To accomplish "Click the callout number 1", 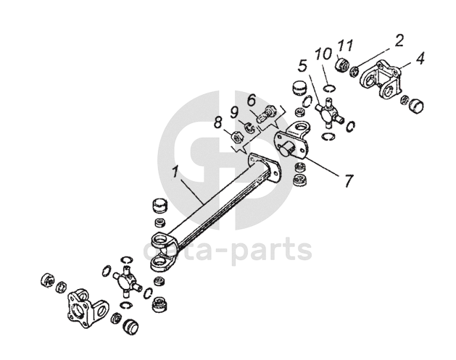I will tap(174, 172).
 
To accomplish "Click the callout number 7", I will tap(349, 180).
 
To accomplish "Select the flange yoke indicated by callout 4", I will tap(381, 80).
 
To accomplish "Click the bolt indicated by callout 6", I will tap(265, 114).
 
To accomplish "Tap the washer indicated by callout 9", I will tap(249, 127).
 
